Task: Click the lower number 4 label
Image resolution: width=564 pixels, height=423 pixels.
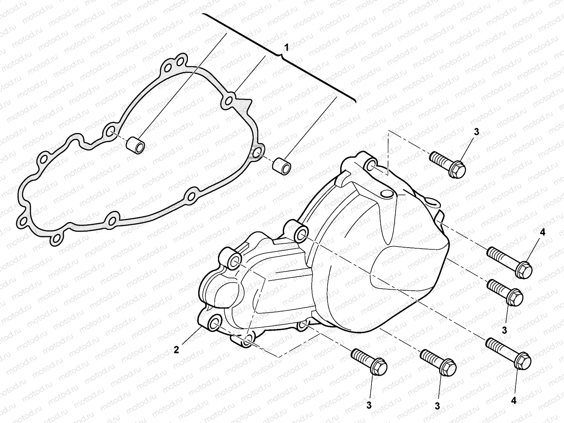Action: (x=513, y=400)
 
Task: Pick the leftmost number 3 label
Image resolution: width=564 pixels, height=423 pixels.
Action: (x=369, y=406)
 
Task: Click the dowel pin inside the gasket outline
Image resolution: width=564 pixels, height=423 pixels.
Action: (x=137, y=145)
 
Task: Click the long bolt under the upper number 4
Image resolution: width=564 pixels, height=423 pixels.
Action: (x=510, y=261)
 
